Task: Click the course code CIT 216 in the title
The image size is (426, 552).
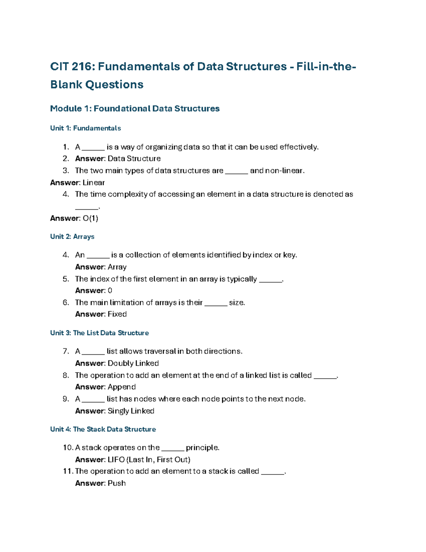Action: pyautogui.click(x=72, y=66)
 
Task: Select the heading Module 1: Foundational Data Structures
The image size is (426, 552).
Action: pyautogui.click(x=135, y=108)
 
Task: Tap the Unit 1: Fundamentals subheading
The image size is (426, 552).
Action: pyautogui.click(x=86, y=128)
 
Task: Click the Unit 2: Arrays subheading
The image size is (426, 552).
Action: pyautogui.click(x=72, y=237)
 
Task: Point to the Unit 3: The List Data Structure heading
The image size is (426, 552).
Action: pyautogui.click(x=99, y=333)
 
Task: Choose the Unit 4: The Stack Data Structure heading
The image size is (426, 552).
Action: pyautogui.click(x=103, y=429)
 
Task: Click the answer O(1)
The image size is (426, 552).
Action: pyautogui.click(x=91, y=218)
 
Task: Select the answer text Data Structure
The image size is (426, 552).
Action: pyautogui.click(x=134, y=159)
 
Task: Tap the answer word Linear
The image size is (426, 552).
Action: pyautogui.click(x=94, y=183)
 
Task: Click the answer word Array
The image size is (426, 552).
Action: pyautogui.click(x=117, y=267)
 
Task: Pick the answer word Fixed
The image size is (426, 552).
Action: pyautogui.click(x=117, y=314)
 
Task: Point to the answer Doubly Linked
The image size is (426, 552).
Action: pyautogui.click(x=133, y=363)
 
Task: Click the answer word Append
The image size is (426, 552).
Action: pyautogui.click(x=122, y=387)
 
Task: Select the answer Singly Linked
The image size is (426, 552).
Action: pyautogui.click(x=131, y=411)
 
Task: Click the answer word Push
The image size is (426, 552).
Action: pyautogui.click(x=117, y=483)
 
